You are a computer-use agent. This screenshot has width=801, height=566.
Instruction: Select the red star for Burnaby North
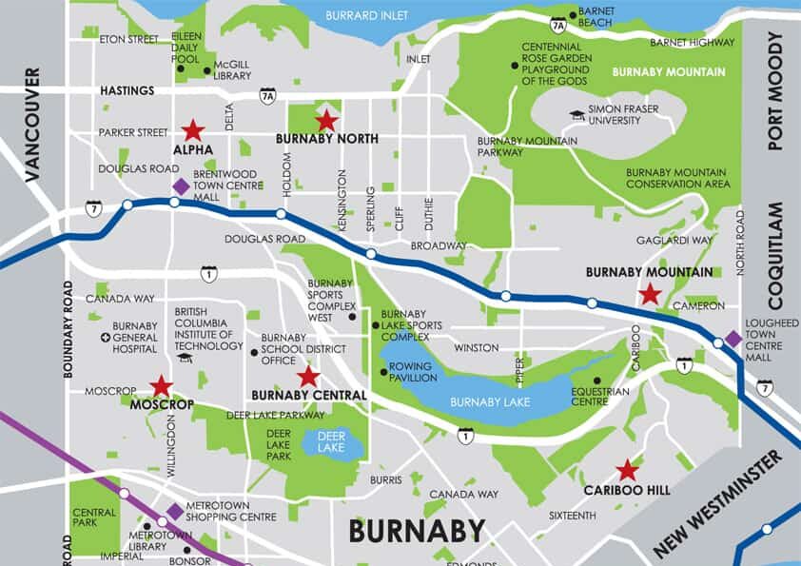(326, 120)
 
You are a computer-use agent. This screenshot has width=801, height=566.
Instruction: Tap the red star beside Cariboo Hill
(626, 470)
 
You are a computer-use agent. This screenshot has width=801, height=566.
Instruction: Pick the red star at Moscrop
(161, 385)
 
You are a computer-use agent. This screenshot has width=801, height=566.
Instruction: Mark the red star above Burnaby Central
(307, 377)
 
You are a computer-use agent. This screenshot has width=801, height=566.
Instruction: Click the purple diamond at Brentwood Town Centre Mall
(180, 186)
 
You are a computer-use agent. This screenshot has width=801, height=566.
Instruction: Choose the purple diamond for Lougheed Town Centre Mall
(733, 338)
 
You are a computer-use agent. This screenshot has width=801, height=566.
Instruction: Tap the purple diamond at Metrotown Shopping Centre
(175, 512)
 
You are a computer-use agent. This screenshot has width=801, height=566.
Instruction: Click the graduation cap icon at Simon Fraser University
(576, 115)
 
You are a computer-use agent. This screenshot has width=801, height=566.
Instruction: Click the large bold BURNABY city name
(417, 531)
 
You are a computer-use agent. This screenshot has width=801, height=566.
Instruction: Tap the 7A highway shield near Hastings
(267, 95)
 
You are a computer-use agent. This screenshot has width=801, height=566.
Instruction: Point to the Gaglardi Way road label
(674, 241)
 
